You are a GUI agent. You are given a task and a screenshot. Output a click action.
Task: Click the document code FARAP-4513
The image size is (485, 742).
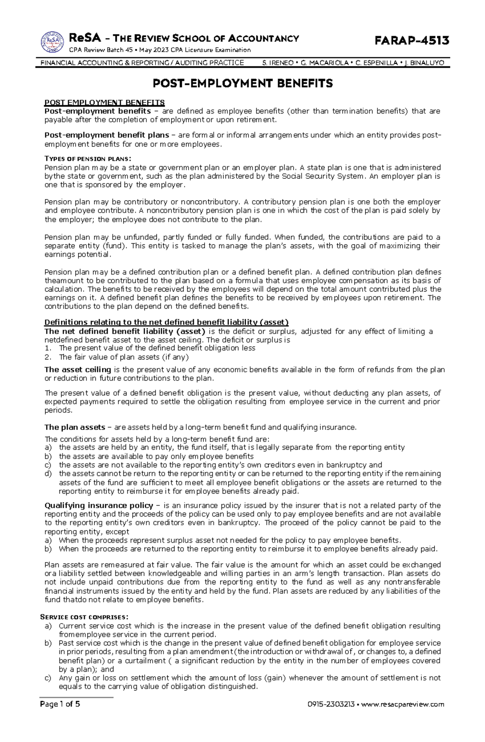412,40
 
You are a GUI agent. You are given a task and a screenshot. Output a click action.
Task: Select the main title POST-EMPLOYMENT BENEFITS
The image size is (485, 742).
242,84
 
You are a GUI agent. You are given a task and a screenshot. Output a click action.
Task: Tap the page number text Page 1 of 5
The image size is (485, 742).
60,715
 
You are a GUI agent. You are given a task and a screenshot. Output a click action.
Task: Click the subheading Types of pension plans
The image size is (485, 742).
88,158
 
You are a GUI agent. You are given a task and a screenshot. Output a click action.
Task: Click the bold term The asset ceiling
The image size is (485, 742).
78,369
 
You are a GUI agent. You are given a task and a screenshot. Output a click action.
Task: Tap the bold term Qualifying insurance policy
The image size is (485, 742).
99,505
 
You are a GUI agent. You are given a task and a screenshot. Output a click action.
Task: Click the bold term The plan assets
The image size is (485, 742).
74,427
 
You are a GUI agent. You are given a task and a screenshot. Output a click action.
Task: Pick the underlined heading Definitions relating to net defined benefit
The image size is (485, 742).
166,322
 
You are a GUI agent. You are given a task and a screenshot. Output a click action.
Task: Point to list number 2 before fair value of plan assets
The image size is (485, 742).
48,357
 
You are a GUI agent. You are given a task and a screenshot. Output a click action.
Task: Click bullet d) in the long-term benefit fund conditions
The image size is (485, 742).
48,474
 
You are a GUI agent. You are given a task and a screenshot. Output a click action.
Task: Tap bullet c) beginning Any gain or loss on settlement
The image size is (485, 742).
48,677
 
